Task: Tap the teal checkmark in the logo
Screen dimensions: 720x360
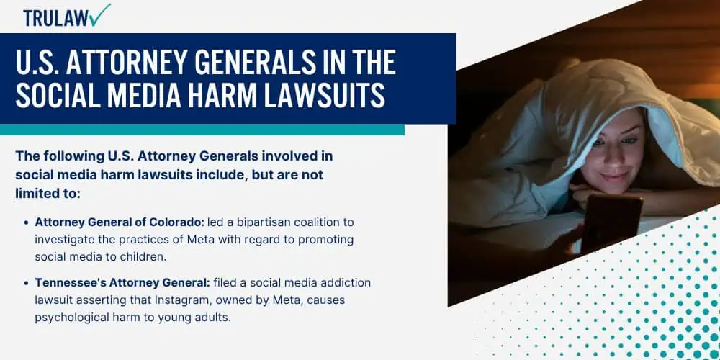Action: click(x=101, y=14)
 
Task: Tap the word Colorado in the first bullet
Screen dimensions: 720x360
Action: click(x=177, y=222)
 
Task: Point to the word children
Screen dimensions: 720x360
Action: click(x=143, y=257)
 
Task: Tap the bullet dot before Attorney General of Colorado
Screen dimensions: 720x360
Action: click(x=26, y=222)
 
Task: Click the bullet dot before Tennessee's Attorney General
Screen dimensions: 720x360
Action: click(x=26, y=283)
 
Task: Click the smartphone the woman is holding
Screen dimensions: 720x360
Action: click(x=611, y=222)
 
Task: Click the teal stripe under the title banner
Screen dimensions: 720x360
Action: click(x=202, y=130)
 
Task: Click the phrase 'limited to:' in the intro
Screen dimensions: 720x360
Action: click(x=48, y=193)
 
